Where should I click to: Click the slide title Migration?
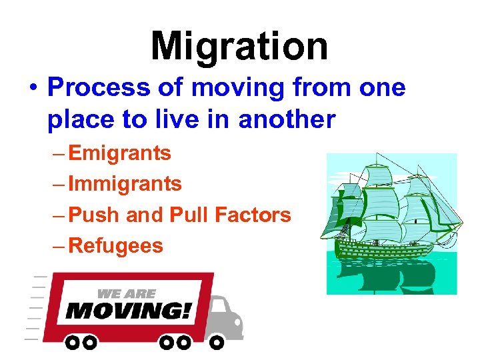point(239,47)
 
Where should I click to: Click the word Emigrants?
point(120,153)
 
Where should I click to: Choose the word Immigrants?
point(125,184)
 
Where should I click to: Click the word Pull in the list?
point(190,215)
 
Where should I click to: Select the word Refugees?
point(116,245)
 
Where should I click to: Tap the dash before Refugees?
point(58,246)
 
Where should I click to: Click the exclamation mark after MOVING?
point(187,311)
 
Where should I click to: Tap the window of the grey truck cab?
point(219,308)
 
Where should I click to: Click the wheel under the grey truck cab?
point(217,343)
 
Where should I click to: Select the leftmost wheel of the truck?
point(72,343)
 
